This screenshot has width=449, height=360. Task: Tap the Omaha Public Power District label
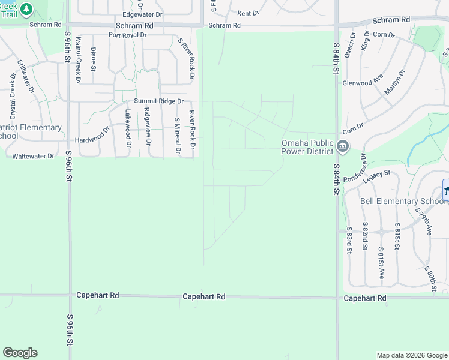pos(307,147)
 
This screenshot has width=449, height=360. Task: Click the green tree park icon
pos(26,9)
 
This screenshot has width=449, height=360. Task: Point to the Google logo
pos(20,353)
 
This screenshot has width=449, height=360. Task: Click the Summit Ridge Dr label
pos(158,101)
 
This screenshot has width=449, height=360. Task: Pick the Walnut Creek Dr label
pos(78,59)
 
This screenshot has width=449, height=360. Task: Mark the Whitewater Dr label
pos(33,156)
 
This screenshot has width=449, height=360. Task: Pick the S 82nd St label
pos(365,236)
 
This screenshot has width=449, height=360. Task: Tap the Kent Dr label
pos(248,13)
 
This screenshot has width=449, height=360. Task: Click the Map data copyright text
pos(411,355)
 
